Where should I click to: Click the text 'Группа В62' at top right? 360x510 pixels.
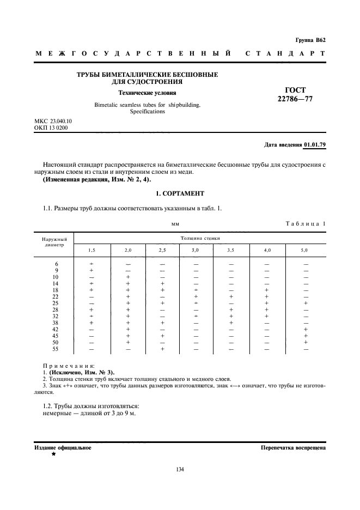click(310, 40)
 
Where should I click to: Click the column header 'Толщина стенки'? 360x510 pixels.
click(197, 238)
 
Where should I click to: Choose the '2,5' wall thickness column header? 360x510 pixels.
click(162, 250)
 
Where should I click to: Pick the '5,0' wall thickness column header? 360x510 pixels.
click(305, 250)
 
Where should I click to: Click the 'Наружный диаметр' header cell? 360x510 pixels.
click(54, 242)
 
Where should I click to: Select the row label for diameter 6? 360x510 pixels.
click(57, 264)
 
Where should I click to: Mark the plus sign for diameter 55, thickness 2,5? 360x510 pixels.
click(162, 349)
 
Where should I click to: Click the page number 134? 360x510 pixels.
click(179, 469)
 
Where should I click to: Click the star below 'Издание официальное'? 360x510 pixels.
click(53, 454)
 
